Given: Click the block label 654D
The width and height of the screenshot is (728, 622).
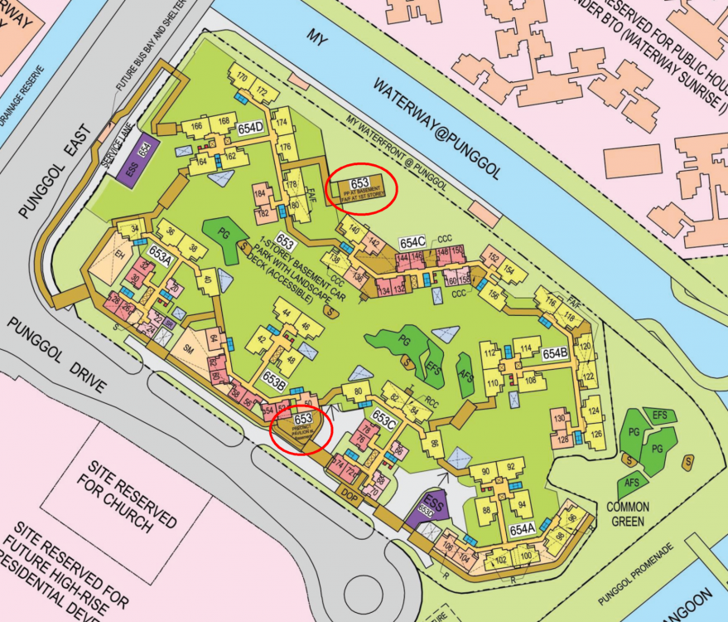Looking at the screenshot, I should (x=250, y=128).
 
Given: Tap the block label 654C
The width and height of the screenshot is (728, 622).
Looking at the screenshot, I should (x=412, y=242).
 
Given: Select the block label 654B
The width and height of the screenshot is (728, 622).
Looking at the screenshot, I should (x=555, y=352).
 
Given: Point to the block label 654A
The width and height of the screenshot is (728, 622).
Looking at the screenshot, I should (x=522, y=528).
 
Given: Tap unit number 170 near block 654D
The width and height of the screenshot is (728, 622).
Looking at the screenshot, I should (x=243, y=78).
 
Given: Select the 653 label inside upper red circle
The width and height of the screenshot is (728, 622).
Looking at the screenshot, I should (x=359, y=182).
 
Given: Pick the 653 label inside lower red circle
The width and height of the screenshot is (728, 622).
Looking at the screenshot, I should (x=303, y=419).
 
